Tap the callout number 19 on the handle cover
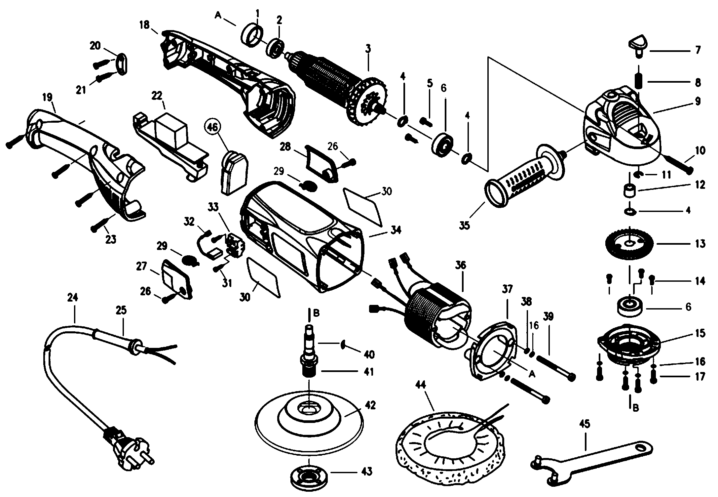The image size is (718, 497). [x=47, y=98]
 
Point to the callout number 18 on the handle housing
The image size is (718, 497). [x=144, y=25]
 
